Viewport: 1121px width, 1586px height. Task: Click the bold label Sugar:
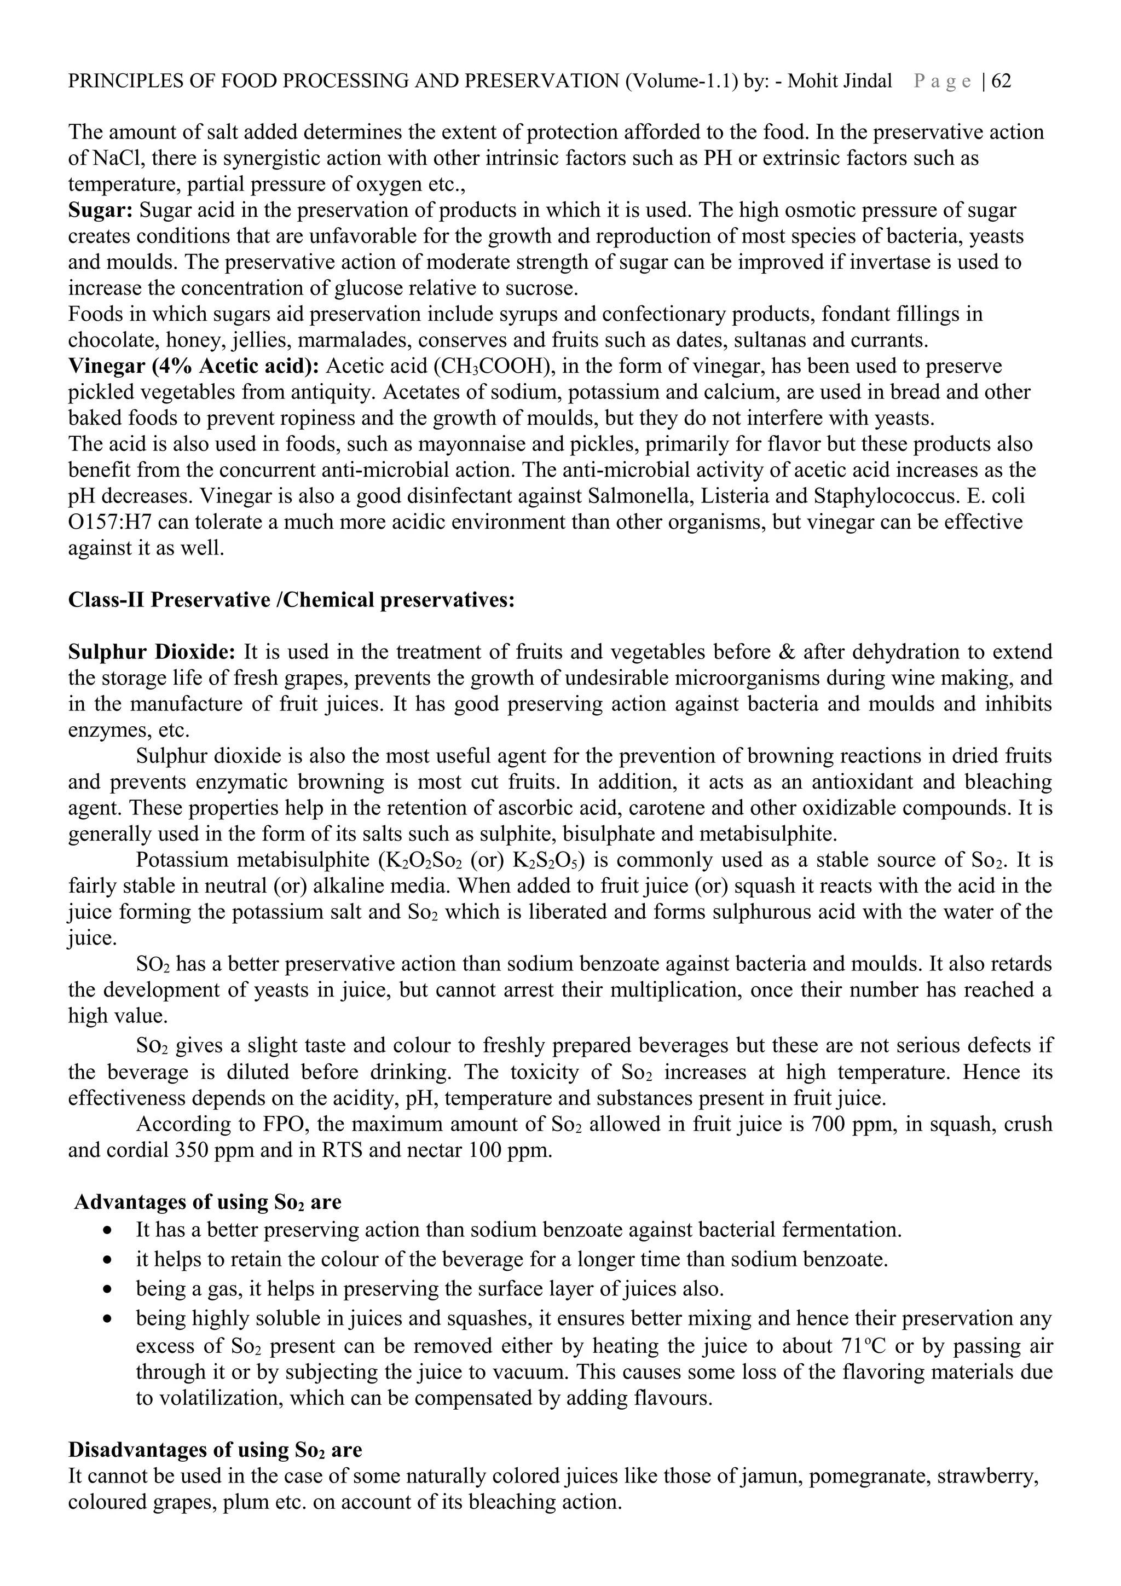100,210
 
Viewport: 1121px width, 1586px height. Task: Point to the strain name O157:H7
106,522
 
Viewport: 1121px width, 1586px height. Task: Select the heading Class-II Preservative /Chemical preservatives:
292,600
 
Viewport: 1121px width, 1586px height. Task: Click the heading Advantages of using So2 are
207,1202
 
